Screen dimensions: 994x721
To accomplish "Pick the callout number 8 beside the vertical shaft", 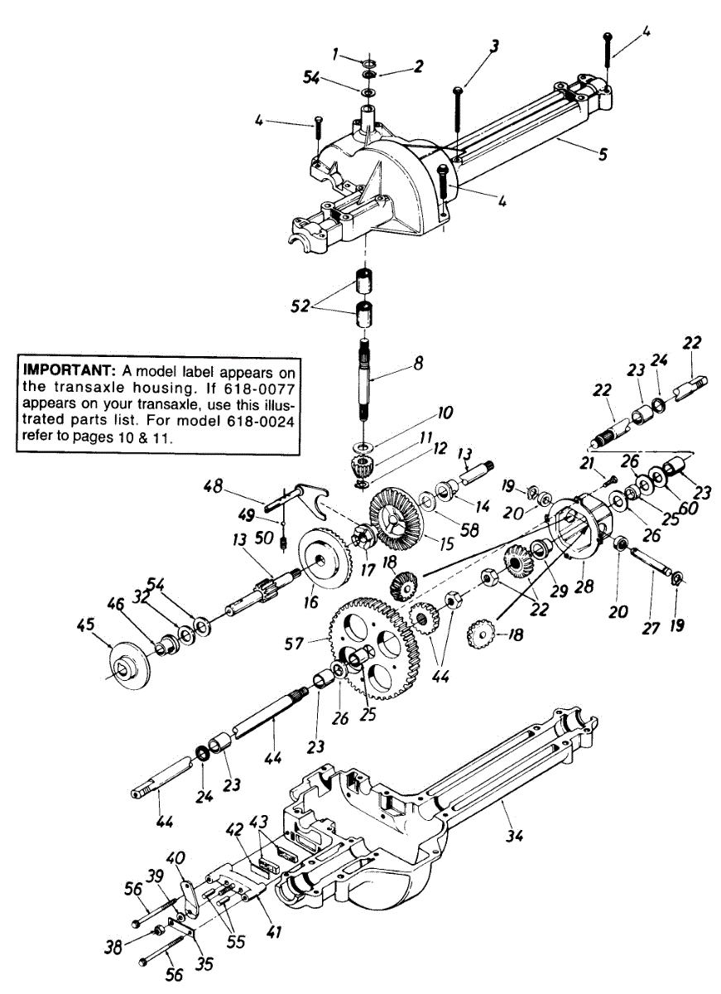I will point(419,362).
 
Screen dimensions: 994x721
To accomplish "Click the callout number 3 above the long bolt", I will point(494,47).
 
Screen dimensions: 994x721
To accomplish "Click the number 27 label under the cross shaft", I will point(651,628).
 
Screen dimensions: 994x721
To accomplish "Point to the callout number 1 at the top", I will point(337,55).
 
